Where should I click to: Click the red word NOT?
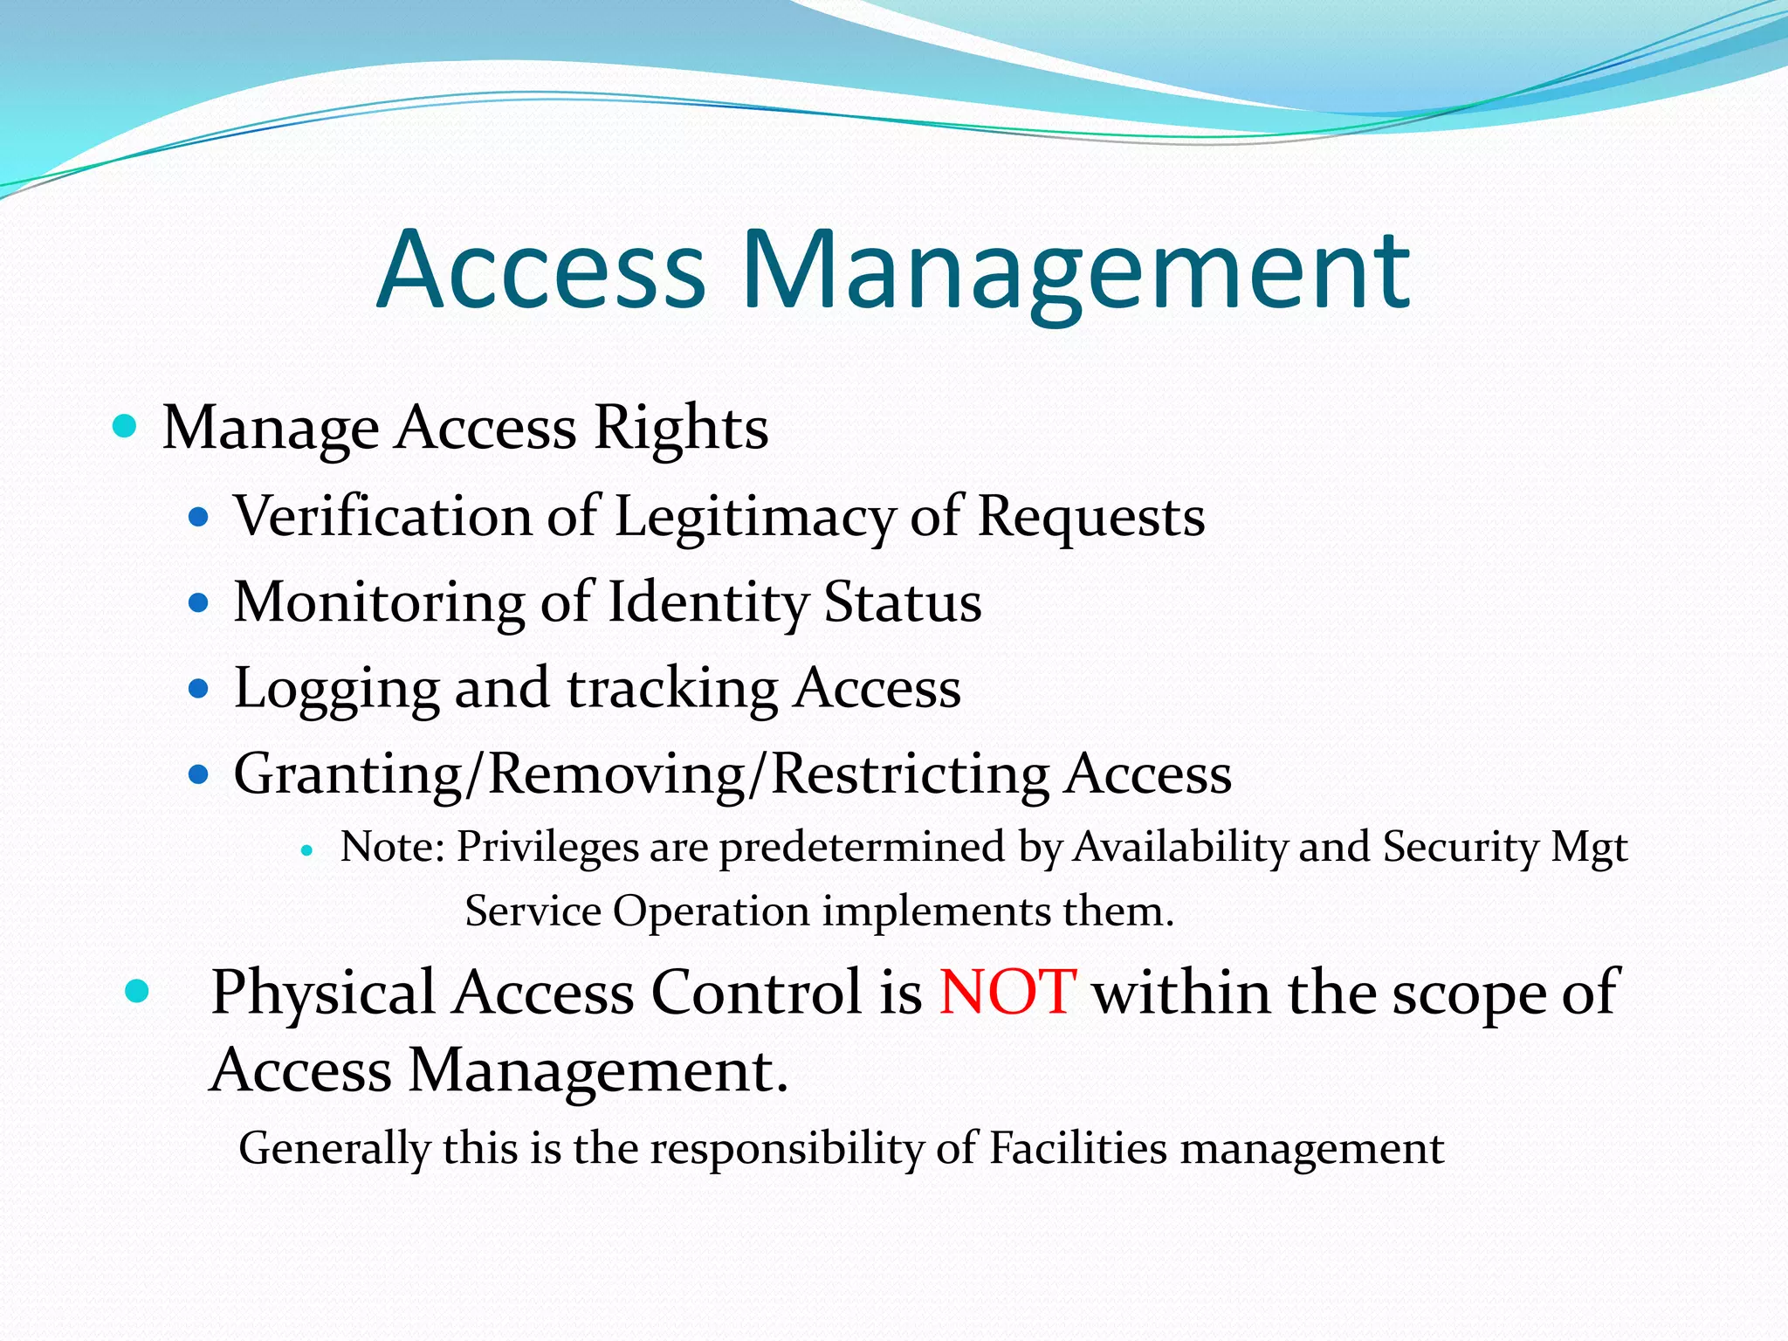tap(1007, 993)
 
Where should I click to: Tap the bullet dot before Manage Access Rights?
tap(126, 427)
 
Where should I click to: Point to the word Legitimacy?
tap(754, 518)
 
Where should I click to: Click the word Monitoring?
tap(379, 603)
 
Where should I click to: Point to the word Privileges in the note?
tap(547, 847)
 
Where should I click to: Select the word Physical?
tap(323, 994)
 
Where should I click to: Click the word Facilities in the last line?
tap(1077, 1147)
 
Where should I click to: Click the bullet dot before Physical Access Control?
tap(137, 992)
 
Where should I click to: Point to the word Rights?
tap(681, 428)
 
